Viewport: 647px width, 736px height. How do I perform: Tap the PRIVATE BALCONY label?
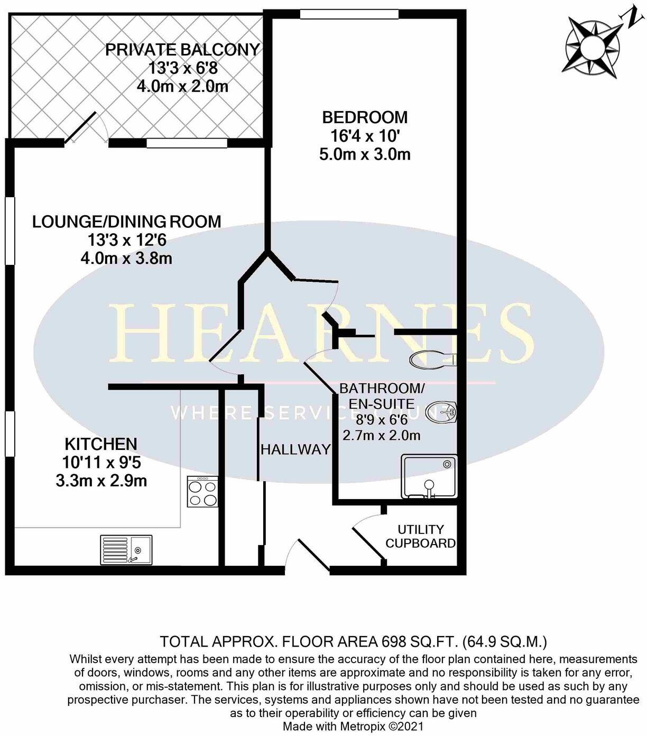point(182,50)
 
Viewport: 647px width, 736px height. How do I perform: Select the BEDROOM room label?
point(365,117)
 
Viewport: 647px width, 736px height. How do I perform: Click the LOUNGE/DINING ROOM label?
point(127,222)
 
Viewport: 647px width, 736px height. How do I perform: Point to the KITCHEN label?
point(101,444)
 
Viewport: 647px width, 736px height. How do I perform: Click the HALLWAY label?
point(295,449)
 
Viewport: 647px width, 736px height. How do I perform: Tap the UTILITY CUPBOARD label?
point(420,536)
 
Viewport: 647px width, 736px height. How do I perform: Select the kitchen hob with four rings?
point(202,492)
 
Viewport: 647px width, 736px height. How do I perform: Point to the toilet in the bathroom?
point(432,360)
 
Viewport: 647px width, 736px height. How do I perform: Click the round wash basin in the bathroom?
point(441,412)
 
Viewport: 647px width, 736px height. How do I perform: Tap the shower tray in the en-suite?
point(429,476)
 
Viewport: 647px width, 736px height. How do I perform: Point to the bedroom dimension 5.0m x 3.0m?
point(365,154)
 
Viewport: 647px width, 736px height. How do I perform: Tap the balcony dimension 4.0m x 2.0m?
point(182,86)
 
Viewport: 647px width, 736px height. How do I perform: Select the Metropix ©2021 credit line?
point(353,726)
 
